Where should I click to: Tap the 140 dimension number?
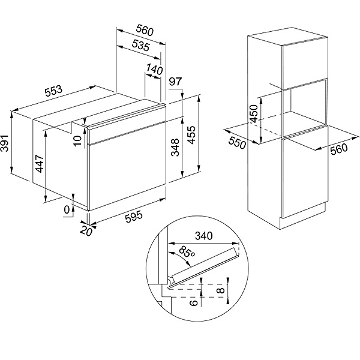pyautogui.click(x=154, y=70)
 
